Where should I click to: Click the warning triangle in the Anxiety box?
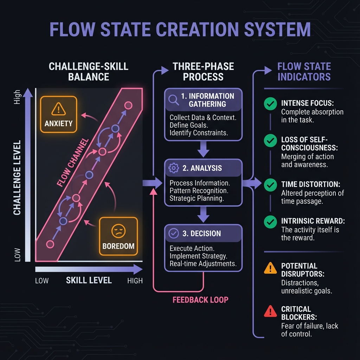(x=58, y=109)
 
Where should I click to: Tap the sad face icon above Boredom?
(x=118, y=231)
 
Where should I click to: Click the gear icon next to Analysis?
(x=174, y=168)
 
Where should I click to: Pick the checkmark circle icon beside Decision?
(x=174, y=233)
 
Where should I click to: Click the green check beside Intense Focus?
(x=270, y=104)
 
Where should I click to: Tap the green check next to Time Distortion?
(x=270, y=184)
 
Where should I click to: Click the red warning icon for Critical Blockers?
(x=270, y=311)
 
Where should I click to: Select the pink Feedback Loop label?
(x=200, y=300)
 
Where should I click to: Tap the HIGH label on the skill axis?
(x=135, y=281)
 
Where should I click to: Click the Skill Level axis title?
(x=89, y=280)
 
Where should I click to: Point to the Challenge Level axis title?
(x=17, y=178)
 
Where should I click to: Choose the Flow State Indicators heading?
(x=304, y=71)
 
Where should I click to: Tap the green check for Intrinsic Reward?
(x=270, y=221)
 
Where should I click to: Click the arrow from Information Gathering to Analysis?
(x=203, y=149)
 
